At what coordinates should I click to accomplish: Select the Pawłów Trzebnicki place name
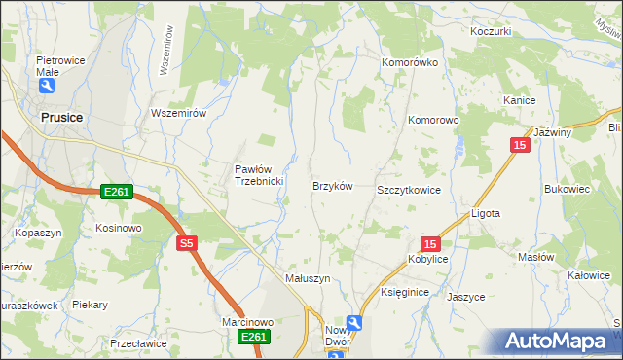tap(257, 175)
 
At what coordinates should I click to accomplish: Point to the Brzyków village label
tap(332, 185)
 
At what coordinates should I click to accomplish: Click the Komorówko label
tap(411, 62)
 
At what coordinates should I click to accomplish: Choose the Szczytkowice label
tap(409, 191)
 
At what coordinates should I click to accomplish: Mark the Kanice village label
tap(520, 100)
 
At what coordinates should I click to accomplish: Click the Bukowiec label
tap(567, 189)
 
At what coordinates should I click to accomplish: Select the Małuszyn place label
tap(308, 278)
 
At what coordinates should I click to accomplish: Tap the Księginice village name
tap(407, 292)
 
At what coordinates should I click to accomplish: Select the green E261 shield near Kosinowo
tap(116, 193)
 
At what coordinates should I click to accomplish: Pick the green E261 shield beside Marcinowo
tap(254, 337)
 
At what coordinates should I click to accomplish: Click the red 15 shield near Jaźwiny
tap(521, 145)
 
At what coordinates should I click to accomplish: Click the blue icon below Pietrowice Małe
tap(46, 86)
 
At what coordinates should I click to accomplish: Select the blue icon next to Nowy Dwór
tap(357, 322)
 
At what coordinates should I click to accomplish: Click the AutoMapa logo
tap(558, 341)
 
